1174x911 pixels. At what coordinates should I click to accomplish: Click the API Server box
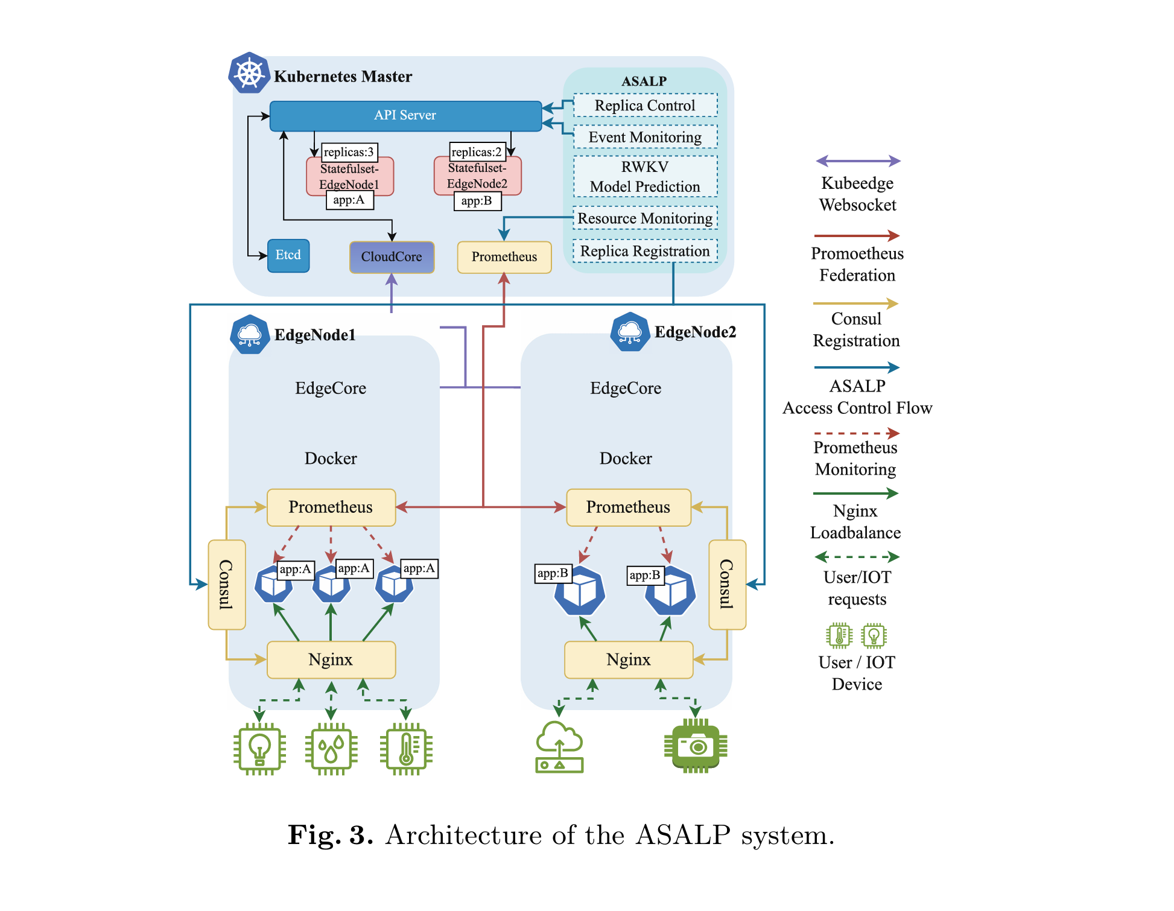405,116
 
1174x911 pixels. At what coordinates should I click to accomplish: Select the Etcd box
288,256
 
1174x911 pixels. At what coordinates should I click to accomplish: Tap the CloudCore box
392,257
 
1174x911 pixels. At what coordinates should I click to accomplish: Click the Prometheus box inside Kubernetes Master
504,257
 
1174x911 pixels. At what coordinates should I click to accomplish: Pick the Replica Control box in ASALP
645,106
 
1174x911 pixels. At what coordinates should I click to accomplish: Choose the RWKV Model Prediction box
645,177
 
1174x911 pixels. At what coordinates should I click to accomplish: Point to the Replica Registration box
645,251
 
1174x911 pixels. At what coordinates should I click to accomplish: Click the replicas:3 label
349,152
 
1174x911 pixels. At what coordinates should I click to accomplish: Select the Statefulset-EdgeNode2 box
477,176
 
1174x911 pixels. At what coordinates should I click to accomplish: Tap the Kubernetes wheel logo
249,73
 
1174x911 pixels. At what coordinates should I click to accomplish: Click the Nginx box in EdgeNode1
331,659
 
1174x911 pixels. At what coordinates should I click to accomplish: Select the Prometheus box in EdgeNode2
628,507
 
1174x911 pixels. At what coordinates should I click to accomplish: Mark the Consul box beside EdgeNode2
727,584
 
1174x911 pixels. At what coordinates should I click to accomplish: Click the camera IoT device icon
696,747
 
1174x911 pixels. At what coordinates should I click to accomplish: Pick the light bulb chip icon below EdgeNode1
259,749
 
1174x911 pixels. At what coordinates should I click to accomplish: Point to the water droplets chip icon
331,749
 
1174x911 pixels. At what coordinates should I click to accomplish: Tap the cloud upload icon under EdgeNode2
559,748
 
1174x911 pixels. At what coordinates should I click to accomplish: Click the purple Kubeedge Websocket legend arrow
858,161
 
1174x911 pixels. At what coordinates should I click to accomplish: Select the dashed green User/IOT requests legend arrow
857,557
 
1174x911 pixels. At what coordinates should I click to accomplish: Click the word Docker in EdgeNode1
331,459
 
